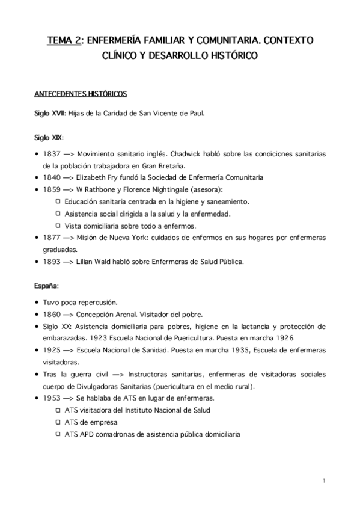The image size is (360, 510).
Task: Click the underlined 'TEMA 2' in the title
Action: pyautogui.click(x=66, y=41)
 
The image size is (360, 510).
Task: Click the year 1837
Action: pyautogui.click(x=52, y=153)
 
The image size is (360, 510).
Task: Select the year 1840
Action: pyautogui.click(x=52, y=177)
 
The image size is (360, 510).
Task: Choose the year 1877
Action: pyautogui.click(x=52, y=238)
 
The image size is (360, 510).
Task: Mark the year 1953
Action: pyautogui.click(x=52, y=398)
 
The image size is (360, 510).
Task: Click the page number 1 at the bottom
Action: pyautogui.click(x=324, y=481)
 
